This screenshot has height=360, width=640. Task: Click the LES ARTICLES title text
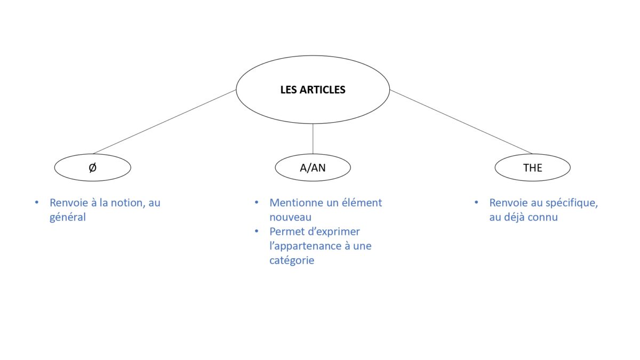pos(313,90)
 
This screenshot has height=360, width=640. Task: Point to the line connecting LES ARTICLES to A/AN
pos(313,139)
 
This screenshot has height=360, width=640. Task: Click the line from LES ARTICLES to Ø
pos(165,122)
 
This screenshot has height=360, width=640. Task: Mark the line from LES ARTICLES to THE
pos(461,122)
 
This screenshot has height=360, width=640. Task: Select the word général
pos(68,218)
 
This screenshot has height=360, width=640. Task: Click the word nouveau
pos(290,218)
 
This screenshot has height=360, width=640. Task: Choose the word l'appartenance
pos(305,246)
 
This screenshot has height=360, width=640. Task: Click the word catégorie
pos(292,261)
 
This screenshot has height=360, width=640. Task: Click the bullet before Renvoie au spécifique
pos(476,203)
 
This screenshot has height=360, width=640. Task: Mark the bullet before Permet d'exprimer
pos(257,231)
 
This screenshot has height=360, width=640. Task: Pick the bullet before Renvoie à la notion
pos(37,203)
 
